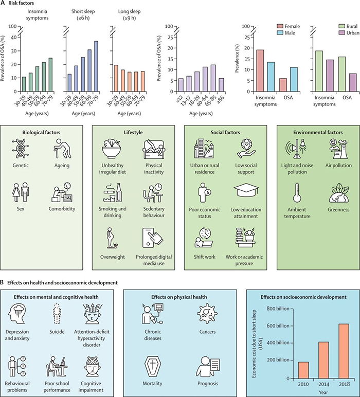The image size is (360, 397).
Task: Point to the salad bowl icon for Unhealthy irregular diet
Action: pyautogui.click(x=115, y=151)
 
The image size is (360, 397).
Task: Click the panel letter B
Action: pyautogui.click(x=3, y=282)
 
